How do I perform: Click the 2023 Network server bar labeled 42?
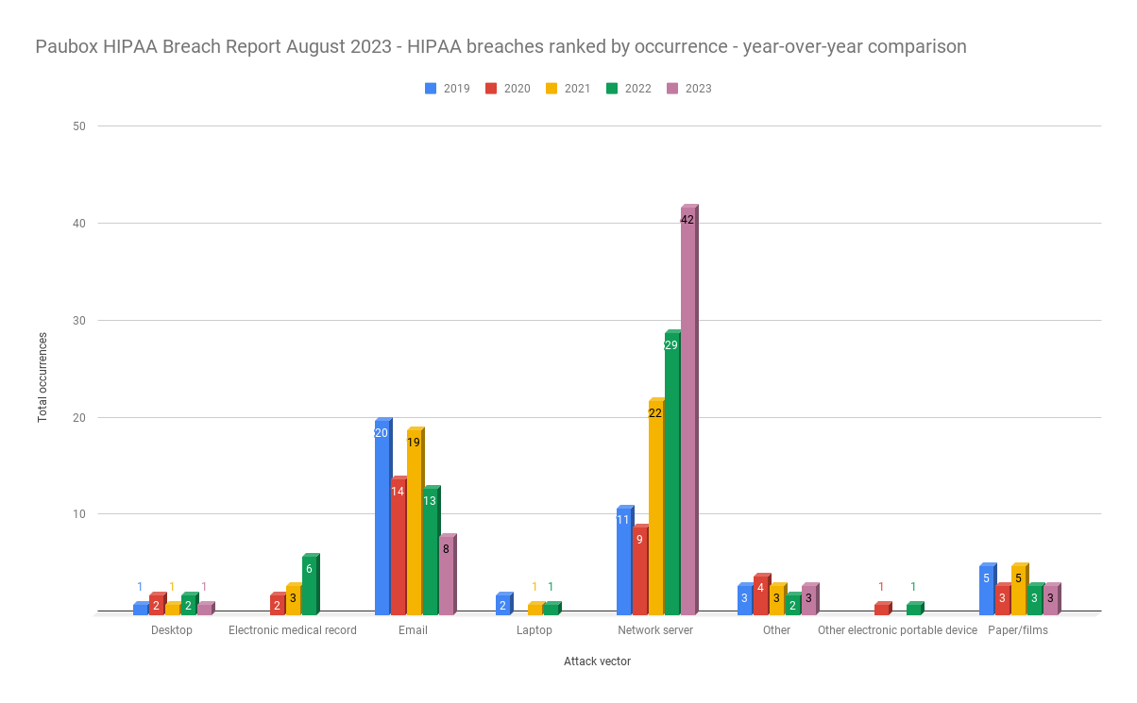(687, 410)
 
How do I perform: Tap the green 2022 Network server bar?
(671, 472)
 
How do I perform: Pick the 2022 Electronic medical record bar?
(309, 584)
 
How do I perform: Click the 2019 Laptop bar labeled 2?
(502, 604)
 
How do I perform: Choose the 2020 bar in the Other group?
(760, 594)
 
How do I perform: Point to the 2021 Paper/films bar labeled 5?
(1018, 589)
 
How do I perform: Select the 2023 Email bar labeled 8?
(446, 575)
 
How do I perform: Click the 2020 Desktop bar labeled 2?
(156, 604)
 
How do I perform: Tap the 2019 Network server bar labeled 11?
(623, 560)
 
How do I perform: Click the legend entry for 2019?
(448, 89)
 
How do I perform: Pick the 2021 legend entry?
(568, 89)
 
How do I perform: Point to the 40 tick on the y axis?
(79, 224)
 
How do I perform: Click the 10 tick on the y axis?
(79, 514)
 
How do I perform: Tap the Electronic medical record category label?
(293, 630)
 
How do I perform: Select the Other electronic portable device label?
(897, 630)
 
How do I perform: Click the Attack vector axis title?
(597, 661)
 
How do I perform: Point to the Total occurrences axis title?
(42, 377)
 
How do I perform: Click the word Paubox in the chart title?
(67, 46)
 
